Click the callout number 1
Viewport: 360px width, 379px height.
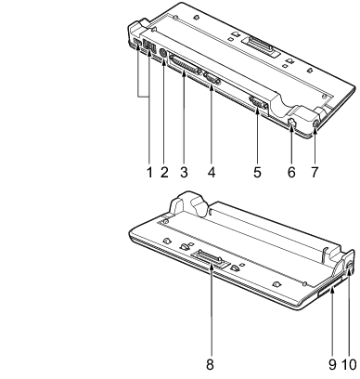149,172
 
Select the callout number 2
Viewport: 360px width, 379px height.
164,172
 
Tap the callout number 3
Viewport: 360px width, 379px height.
184,172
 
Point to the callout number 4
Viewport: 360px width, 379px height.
212,172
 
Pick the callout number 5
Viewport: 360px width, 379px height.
257,172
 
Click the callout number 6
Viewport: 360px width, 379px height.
291,172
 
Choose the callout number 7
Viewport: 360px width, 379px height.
315,172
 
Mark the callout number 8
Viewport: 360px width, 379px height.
211,364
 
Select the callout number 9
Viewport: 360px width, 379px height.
332,364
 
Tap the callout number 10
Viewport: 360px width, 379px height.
349,364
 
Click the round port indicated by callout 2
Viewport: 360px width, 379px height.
162,54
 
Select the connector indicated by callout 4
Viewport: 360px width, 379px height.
212,78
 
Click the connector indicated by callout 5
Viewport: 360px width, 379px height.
258,102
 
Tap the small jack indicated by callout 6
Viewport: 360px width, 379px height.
291,122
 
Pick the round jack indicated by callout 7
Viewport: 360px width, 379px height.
315,124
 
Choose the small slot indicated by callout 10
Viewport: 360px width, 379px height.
350,267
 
